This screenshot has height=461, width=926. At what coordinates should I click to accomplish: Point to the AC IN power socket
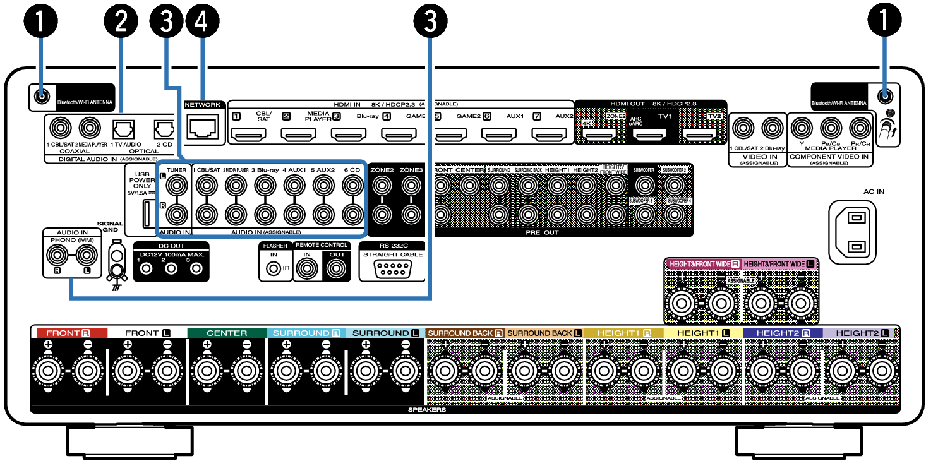[x=855, y=232]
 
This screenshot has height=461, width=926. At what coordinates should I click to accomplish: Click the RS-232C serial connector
[x=392, y=268]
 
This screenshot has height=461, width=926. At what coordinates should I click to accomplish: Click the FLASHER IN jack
[x=274, y=268]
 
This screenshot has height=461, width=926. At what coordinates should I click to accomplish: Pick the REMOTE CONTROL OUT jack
[x=335, y=268]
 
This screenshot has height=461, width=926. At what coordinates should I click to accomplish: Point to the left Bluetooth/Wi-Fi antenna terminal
[x=42, y=97]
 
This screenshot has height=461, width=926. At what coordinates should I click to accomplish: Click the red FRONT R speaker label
[x=71, y=332]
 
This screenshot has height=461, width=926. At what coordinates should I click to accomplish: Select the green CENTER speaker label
[x=227, y=332]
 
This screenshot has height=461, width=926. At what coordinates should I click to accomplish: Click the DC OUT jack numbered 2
[x=171, y=268]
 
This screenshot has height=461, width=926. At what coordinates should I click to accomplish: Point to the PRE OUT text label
[x=542, y=233]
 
